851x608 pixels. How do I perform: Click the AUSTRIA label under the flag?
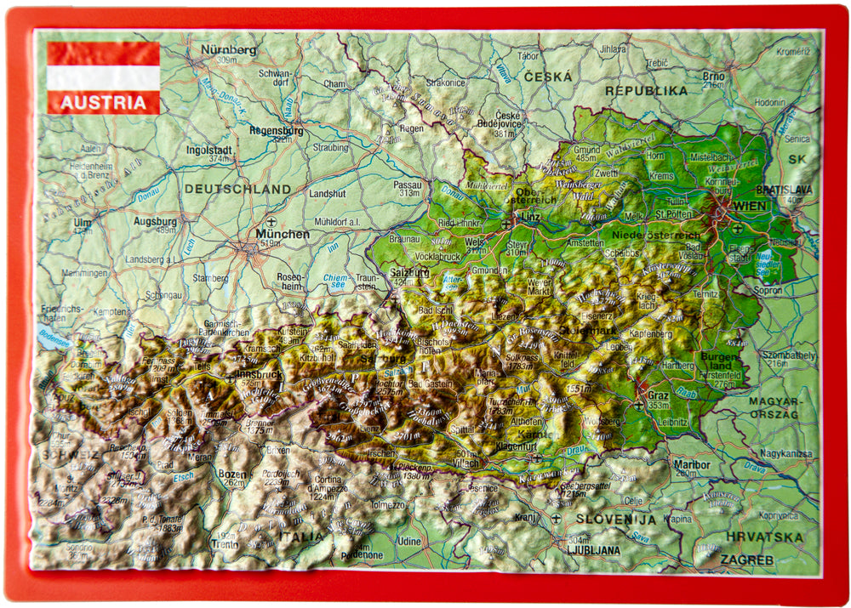coord(103,103)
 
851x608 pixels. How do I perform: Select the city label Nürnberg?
coord(228,49)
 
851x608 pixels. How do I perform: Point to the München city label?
coord(283,234)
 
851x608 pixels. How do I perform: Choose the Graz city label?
coord(657,395)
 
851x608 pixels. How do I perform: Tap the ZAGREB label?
coord(746,560)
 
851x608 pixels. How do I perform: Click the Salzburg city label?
coord(409,272)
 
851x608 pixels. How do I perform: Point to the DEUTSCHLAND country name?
coord(237,189)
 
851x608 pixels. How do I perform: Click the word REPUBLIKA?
coord(646,90)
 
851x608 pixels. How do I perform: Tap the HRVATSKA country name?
coord(764,537)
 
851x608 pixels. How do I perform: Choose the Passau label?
coord(408,184)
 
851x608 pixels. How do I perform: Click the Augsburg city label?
coord(155,220)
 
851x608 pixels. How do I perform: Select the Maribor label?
coord(691,465)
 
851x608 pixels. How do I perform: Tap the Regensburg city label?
coord(277,131)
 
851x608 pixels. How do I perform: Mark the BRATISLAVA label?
coord(783,190)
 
